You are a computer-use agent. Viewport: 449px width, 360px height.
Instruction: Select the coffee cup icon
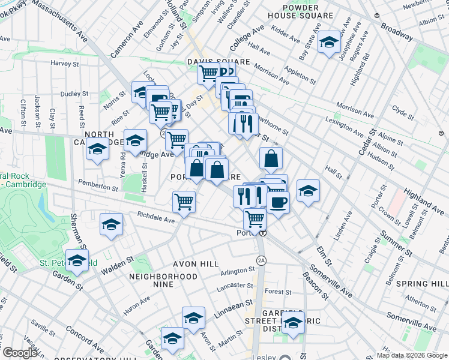coord(279,202)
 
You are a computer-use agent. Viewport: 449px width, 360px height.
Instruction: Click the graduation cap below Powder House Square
coord(328,43)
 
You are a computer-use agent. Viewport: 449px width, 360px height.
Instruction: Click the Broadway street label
coord(397,32)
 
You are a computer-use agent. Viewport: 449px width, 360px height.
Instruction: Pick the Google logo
coord(20,353)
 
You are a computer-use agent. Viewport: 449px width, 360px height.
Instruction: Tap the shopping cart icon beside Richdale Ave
coord(184,201)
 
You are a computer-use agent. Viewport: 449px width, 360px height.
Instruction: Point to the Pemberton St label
coord(98,188)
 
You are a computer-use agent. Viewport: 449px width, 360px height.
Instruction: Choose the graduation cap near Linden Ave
coord(309,191)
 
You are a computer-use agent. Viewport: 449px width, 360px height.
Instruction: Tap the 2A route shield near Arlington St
coord(261,260)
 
